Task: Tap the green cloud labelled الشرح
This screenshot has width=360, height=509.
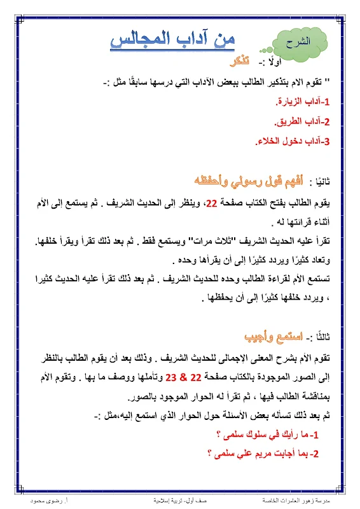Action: coord(296,45)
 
